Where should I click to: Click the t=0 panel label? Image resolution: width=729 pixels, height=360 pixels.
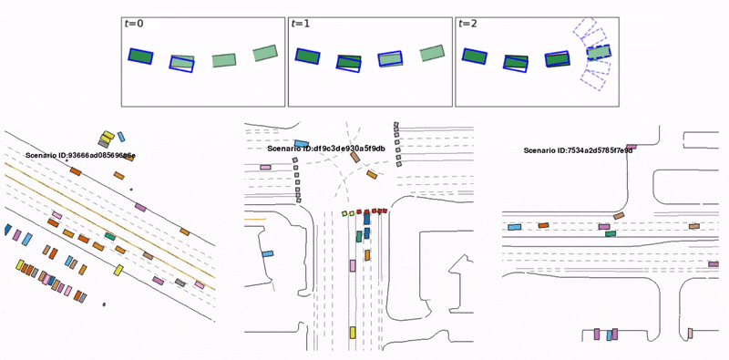point(133,25)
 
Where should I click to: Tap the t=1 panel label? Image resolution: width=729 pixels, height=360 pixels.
point(299,25)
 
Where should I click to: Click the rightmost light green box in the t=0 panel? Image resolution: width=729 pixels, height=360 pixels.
point(265,54)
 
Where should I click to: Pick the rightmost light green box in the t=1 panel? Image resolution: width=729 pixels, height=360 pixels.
point(431,54)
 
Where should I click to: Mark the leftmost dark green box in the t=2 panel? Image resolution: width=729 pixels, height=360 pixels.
point(474,57)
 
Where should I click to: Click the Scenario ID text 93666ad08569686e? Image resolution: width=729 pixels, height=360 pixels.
point(80,156)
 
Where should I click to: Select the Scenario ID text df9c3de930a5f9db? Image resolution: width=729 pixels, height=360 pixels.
point(326,148)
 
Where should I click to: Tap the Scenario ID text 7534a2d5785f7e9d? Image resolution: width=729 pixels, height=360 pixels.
point(578,150)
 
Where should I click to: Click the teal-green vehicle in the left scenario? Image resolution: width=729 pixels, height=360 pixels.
point(109,236)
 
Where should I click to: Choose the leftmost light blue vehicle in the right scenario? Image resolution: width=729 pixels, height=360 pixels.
point(514,226)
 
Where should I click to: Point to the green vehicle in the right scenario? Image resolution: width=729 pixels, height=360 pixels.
point(611,232)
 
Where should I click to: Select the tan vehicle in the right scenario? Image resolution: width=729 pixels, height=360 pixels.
point(694,226)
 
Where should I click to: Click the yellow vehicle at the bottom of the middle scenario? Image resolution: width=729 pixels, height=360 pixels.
point(353,333)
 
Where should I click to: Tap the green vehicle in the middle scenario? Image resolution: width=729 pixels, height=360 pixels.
point(358,236)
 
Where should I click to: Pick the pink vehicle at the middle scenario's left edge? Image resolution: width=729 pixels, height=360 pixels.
point(265,167)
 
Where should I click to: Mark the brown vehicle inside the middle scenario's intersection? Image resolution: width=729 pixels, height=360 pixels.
point(354,157)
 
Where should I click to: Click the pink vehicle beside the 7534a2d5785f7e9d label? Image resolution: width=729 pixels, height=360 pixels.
point(631,146)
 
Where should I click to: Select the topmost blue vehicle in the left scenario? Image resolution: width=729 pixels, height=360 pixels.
point(121,137)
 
